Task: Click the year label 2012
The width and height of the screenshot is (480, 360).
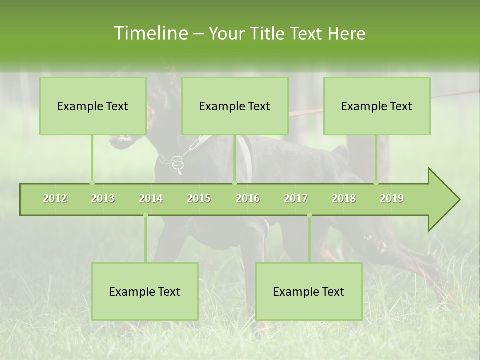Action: pyautogui.click(x=55, y=198)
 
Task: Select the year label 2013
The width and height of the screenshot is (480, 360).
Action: pyautogui.click(x=103, y=198)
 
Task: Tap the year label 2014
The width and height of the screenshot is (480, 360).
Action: pyautogui.click(x=151, y=198)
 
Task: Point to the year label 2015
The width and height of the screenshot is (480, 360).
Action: pyautogui.click(x=199, y=198)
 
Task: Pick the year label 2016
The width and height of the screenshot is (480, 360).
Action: pyautogui.click(x=248, y=198)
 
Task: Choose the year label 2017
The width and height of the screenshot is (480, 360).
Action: pyautogui.click(x=296, y=198)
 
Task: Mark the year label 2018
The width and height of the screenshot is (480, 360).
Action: pyautogui.click(x=344, y=198)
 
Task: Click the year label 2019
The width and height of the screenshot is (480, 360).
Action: pyautogui.click(x=392, y=198)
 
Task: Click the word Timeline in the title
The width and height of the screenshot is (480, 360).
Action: pyautogui.click(x=150, y=33)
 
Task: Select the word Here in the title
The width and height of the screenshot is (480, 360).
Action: pyautogui.click(x=346, y=34)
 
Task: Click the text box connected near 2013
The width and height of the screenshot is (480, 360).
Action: pyautogui.click(x=93, y=106)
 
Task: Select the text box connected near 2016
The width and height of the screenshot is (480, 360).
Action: pyautogui.click(x=235, y=106)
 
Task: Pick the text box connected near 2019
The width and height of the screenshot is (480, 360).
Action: pyautogui.click(x=377, y=106)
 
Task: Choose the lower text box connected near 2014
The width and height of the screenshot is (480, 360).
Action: pyautogui.click(x=145, y=291)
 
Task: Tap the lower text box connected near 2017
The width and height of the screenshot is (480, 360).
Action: pyautogui.click(x=309, y=291)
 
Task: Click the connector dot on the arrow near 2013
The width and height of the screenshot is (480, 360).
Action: pyautogui.click(x=92, y=183)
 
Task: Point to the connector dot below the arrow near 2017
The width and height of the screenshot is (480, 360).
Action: pyautogui.click(x=309, y=215)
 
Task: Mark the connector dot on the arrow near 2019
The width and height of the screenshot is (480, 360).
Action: pyautogui.click(x=376, y=183)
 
